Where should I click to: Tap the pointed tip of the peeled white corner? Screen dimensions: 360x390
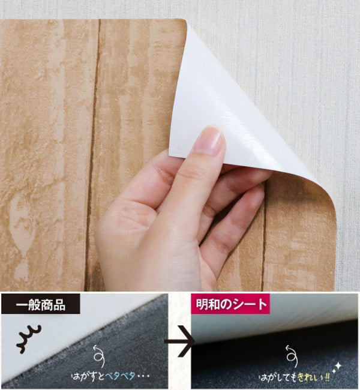tap(169, 155)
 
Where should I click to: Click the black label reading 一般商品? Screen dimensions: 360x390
tap(41, 304)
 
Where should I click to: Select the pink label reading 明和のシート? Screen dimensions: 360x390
tap(230, 304)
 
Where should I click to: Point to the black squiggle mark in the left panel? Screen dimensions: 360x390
tap(29, 339)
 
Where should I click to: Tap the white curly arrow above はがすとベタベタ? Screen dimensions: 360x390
tap(99, 356)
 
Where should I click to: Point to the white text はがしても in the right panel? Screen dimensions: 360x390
tap(278, 378)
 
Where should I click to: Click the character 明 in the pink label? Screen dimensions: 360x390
tap(201, 304)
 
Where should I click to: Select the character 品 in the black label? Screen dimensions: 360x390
tap(59, 305)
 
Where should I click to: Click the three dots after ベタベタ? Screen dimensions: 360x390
tap(143, 376)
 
